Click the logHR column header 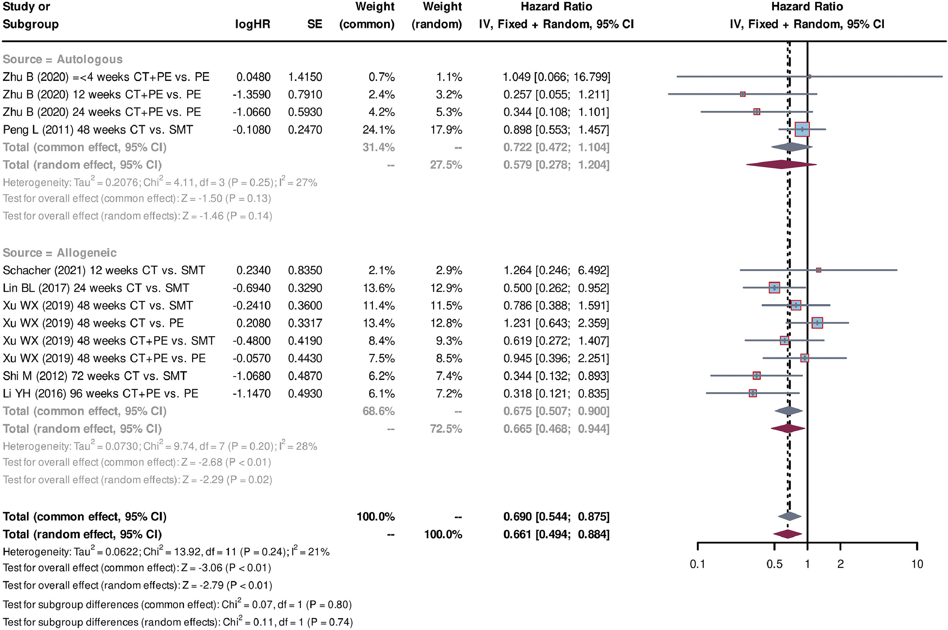252,24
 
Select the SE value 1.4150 305,77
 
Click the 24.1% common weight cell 379,130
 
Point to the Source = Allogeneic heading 60,253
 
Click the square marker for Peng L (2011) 802,129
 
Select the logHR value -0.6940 251,288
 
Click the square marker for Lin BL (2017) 774,288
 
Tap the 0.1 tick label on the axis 697,564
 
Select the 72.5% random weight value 446,429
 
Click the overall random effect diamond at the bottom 788,534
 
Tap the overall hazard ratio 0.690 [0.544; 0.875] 556,517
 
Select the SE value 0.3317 305,323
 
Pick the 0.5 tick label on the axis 774,564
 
